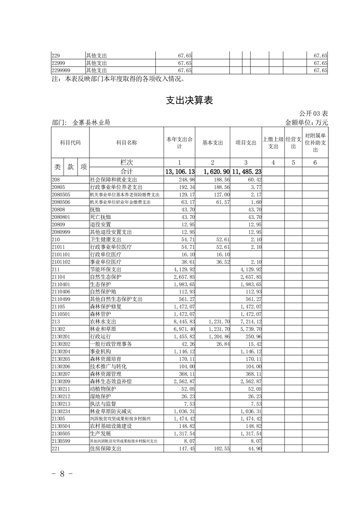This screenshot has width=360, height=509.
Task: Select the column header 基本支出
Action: tap(212, 142)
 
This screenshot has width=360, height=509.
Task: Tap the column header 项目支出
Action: tap(246, 142)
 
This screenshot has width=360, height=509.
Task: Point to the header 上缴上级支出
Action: tap(273, 142)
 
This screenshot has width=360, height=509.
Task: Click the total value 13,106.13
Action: tap(180, 172)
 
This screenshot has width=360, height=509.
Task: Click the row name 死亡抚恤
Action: tap(100, 217)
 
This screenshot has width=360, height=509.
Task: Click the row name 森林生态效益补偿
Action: tap(111, 381)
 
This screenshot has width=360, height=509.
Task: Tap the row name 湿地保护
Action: tap(100, 396)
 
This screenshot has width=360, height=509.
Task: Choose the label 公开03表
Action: tap(313, 113)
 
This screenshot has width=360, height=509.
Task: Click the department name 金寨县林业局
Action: tap(91, 122)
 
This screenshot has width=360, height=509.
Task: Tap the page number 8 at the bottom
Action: tap(63, 474)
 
